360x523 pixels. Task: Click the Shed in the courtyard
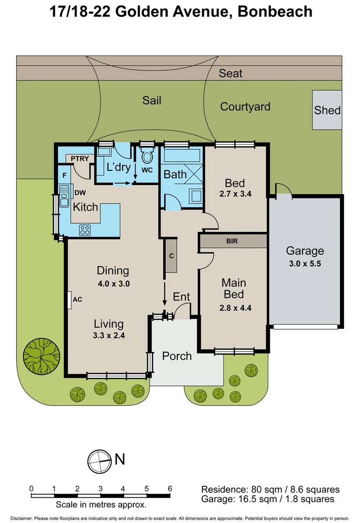pos(327,110)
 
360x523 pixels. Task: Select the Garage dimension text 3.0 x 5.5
pos(304,264)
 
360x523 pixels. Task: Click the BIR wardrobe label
pos(232,241)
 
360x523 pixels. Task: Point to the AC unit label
pos(77,299)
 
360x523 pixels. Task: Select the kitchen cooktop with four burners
pos(85,230)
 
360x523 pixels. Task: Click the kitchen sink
pos(64,196)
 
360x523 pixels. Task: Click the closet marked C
pos(171,255)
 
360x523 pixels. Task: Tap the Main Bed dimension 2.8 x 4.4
pos(234,307)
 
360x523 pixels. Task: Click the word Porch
pos(177,356)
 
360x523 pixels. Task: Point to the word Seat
pos(231,74)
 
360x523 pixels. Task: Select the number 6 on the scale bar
pos(170,489)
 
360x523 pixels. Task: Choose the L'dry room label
pos(119,168)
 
